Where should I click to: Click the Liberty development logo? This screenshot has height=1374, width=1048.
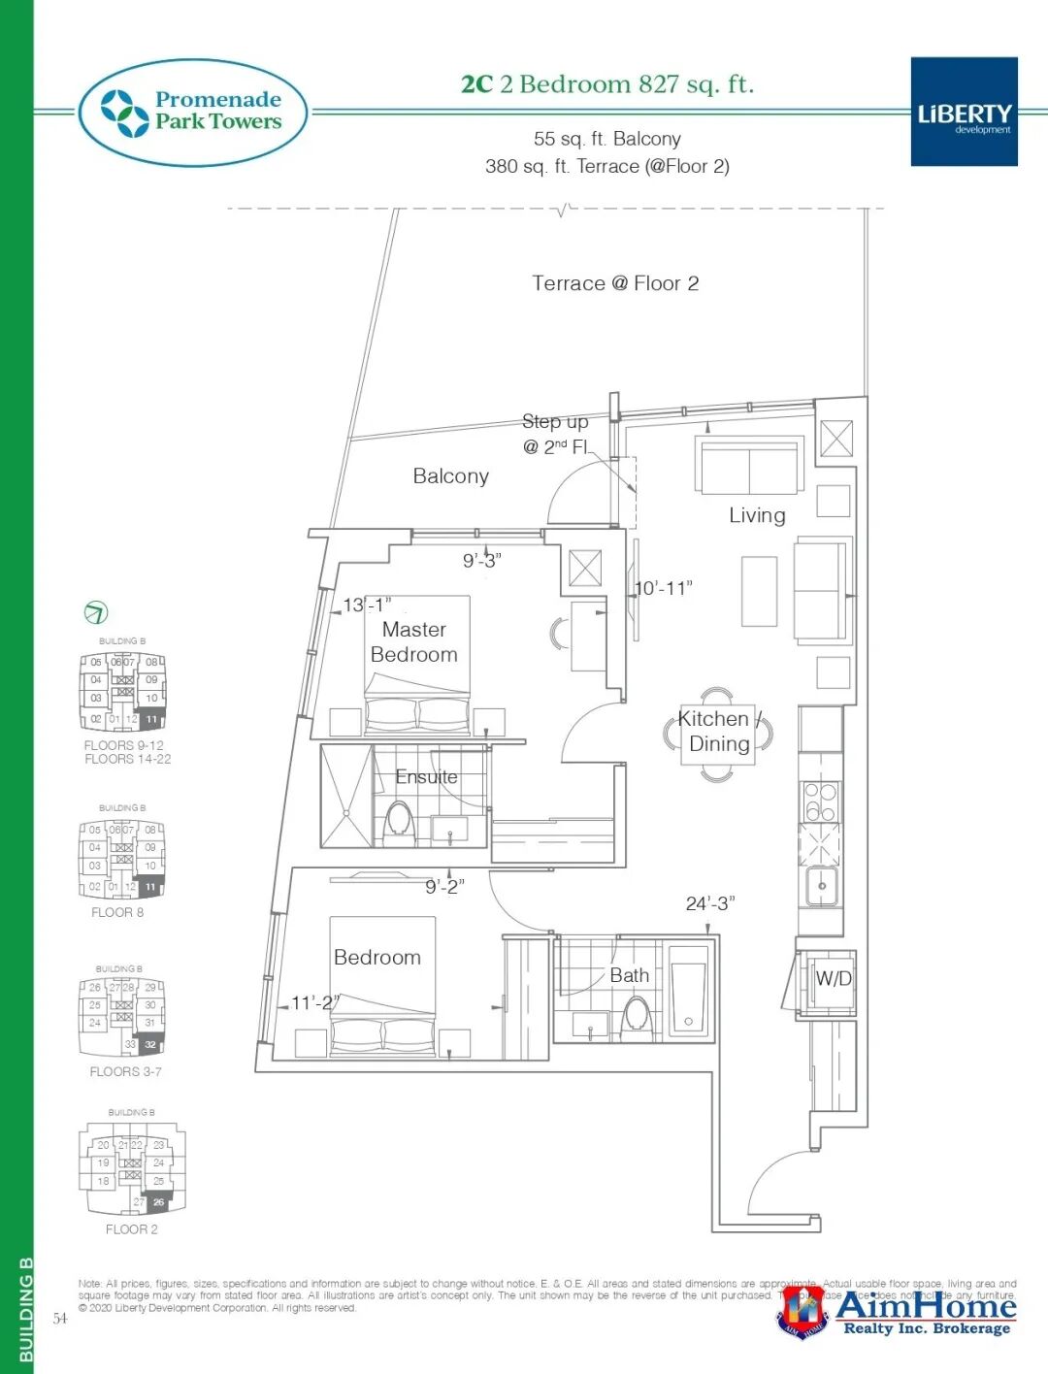point(964,112)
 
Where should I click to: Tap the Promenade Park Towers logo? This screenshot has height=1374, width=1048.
point(193,112)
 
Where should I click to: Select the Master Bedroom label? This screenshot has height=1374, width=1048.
point(414,641)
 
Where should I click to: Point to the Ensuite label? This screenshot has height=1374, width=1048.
point(426,776)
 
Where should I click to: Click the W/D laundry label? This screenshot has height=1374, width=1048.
point(833,978)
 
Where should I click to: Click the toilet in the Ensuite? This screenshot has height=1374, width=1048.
point(399,820)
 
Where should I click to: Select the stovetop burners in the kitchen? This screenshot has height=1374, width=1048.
point(820,801)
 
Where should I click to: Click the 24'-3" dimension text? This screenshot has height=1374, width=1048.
point(710,903)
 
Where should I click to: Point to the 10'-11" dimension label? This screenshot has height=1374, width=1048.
point(664,588)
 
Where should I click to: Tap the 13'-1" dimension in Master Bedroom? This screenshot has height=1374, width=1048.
point(367,605)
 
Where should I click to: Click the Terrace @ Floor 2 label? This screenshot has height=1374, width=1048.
point(615,283)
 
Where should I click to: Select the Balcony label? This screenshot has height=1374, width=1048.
point(450,475)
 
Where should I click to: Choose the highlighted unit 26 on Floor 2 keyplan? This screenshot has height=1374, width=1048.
point(158,1201)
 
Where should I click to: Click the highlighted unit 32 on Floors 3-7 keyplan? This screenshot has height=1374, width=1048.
point(150,1045)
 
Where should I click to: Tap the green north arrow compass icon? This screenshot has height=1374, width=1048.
point(96,612)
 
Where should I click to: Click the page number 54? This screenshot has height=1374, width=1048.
point(60,1318)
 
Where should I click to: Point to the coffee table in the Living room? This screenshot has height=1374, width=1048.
point(759,591)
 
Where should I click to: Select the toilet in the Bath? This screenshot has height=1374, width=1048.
point(637,1015)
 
